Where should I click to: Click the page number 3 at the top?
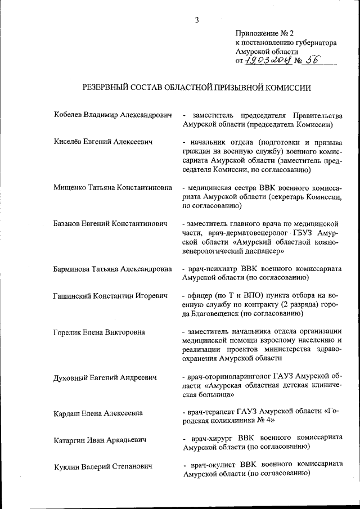coord(197,20)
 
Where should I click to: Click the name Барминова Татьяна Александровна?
coord(112,269)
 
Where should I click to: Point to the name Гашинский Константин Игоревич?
coord(110,295)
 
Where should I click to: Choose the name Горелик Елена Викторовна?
coord(99,332)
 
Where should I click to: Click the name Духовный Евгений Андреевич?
coord(105,377)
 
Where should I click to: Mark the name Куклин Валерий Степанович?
coord(102,466)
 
